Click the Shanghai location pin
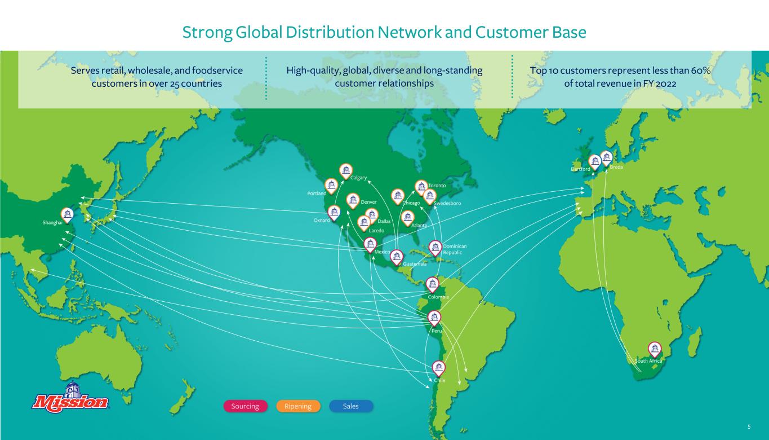tap(67, 215)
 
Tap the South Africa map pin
tap(655, 350)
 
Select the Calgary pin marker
tap(346, 171)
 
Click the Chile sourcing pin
tap(438, 368)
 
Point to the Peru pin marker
tap(434, 318)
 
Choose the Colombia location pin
tap(433, 285)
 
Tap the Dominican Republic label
tap(455, 249)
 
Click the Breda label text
tap(616, 167)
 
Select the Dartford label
tap(580, 169)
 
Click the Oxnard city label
tap(322, 220)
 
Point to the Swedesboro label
tap(447, 203)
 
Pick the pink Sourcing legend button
tap(245, 406)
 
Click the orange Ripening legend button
tap(298, 406)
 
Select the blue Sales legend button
tap(351, 406)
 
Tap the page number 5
tap(749, 426)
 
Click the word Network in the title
tap(410, 32)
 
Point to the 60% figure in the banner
tap(701, 71)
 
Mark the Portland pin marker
tap(331, 186)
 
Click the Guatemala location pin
tap(397, 257)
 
